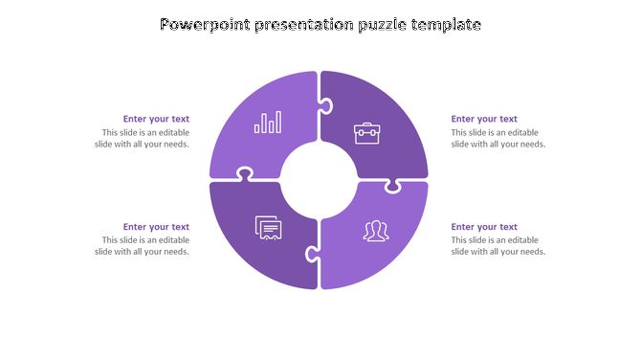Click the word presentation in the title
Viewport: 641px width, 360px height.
[301, 25]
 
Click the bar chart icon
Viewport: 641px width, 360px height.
[268, 123]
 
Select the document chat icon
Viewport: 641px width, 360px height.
[269, 228]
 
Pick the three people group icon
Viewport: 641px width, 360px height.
[374, 231]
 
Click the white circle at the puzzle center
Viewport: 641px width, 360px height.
[319, 179]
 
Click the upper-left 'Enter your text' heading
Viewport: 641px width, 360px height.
[156, 120]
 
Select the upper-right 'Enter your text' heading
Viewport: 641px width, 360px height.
[484, 120]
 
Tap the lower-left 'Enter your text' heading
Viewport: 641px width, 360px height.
[156, 227]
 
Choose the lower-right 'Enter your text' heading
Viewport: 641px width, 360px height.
[484, 227]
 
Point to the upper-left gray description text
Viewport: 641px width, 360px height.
[144, 139]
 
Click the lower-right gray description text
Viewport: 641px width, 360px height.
[497, 246]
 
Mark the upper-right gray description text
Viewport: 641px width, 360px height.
[497, 139]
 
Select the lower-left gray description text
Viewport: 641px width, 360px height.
[144, 246]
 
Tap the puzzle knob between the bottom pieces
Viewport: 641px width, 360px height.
[311, 254]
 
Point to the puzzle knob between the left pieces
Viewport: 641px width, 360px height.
[245, 174]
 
